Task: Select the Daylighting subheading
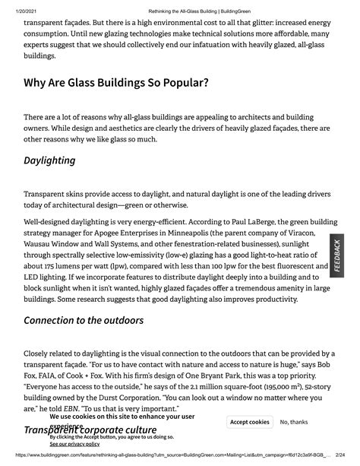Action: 49,160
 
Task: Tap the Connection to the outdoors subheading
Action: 84,319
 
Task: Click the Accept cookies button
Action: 249,422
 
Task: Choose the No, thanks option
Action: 294,422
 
